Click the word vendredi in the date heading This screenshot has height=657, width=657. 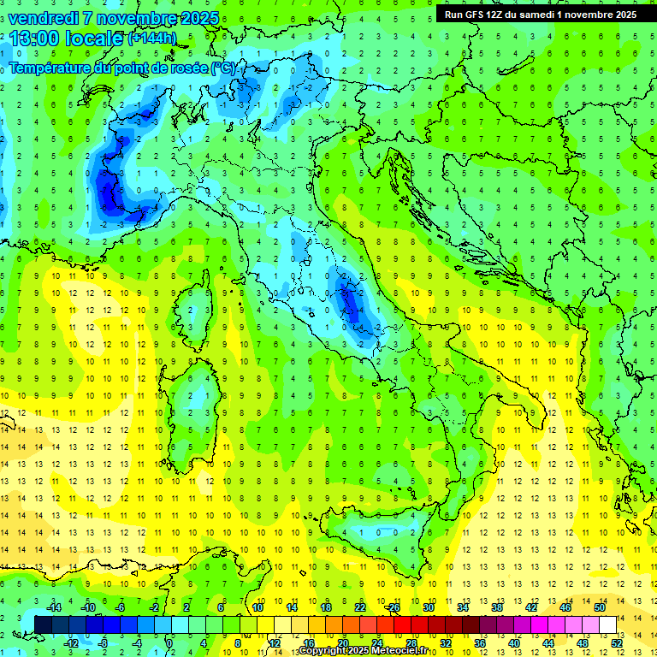coord(42,18)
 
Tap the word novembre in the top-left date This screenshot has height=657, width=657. coord(133,18)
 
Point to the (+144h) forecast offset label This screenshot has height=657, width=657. coord(151,38)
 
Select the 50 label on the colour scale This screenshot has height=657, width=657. coord(600,607)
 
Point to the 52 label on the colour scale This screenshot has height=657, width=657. coord(617,642)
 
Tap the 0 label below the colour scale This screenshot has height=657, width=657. coord(169,642)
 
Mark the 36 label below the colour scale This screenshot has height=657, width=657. coord(480,642)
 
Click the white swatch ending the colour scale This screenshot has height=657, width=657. coord(608,624)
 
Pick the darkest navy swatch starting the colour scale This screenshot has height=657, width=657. coord(43,624)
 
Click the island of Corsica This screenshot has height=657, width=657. coord(198,305)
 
